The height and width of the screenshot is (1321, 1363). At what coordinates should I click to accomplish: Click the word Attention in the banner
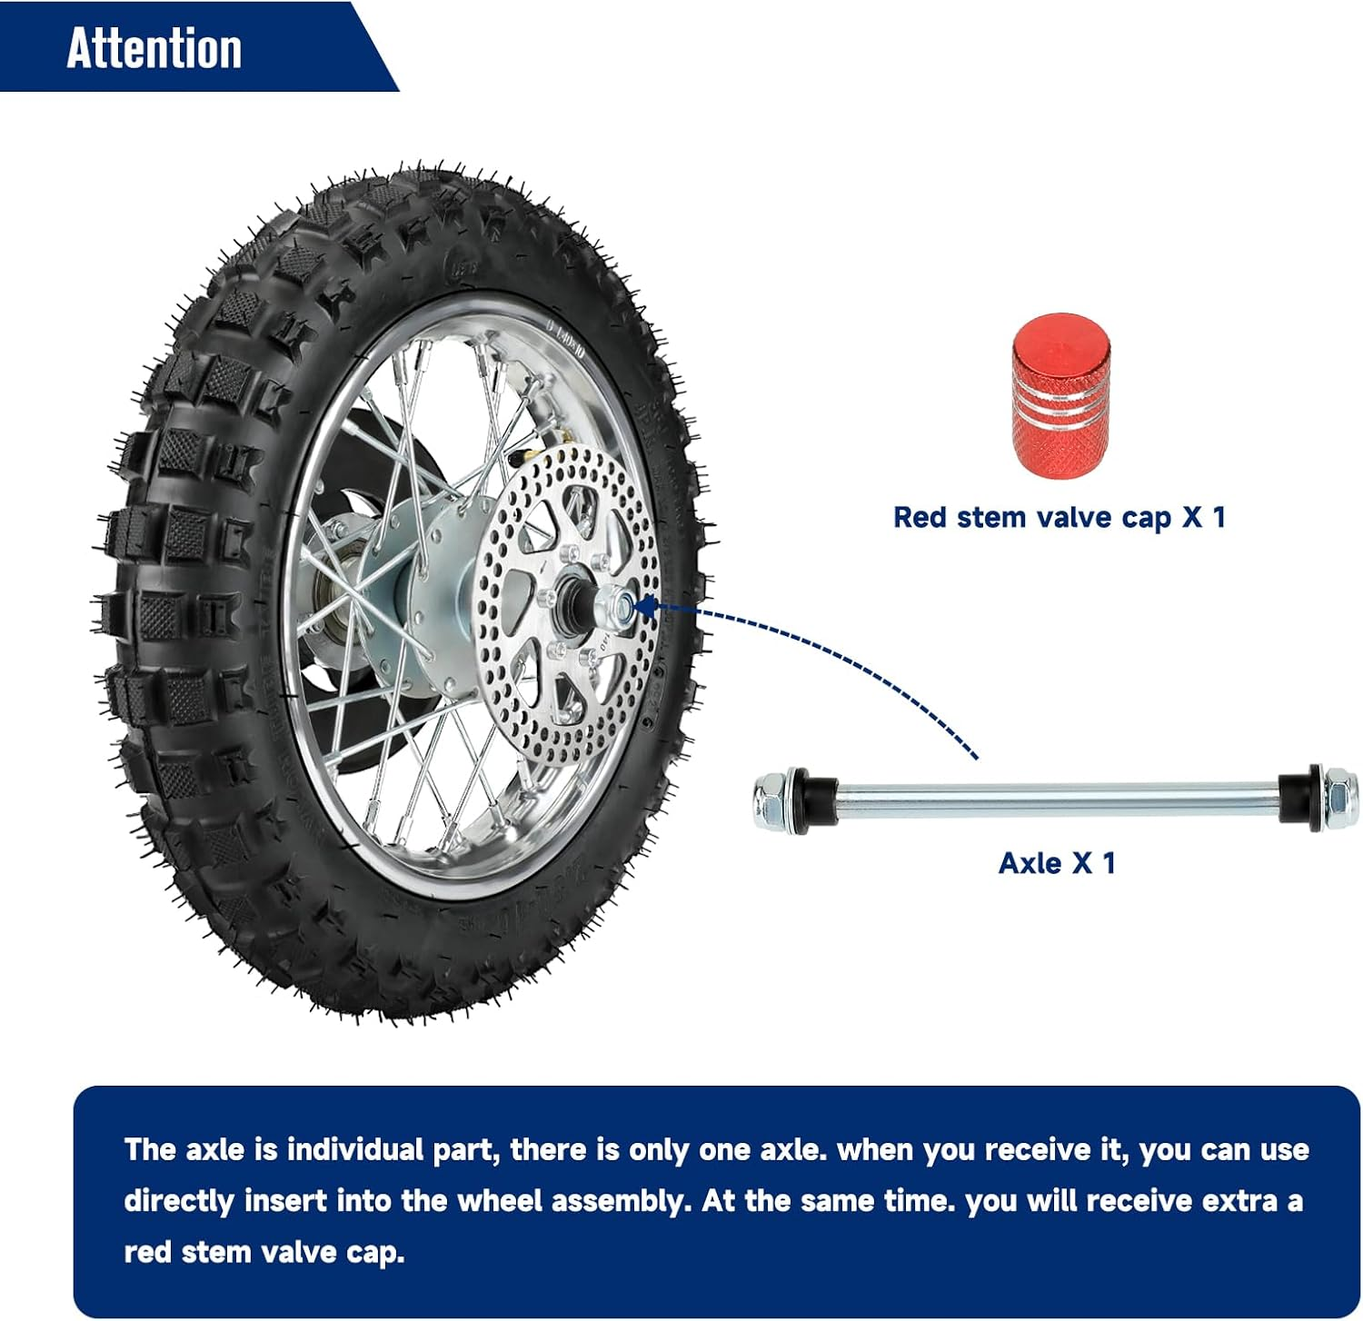click(154, 48)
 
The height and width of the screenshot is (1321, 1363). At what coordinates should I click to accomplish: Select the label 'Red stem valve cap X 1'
click(1059, 517)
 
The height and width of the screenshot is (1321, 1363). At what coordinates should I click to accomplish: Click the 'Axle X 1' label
click(1056, 862)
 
